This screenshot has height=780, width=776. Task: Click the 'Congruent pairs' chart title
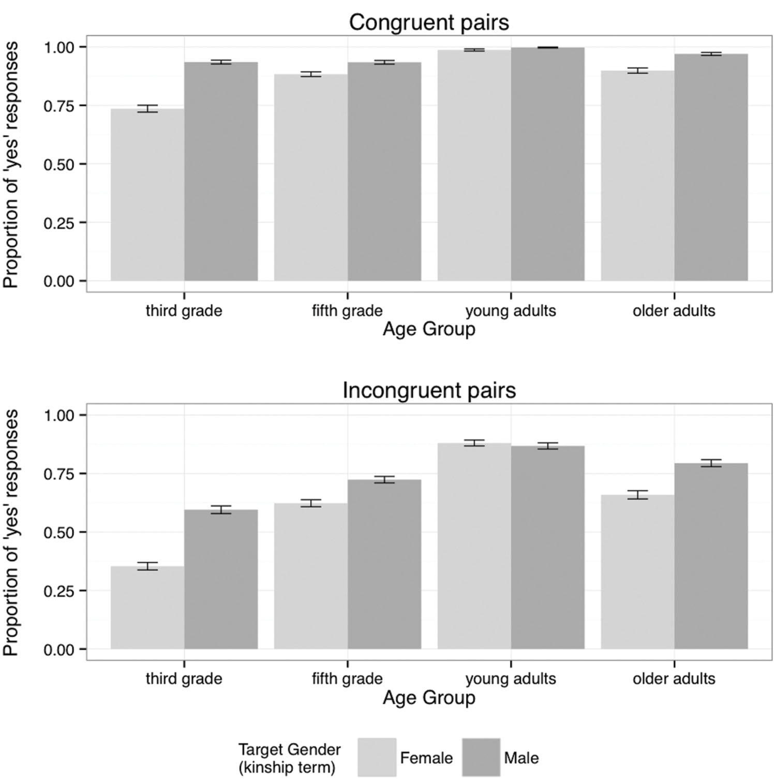coord(429,23)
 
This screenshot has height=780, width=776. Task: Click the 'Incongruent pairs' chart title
coord(429,391)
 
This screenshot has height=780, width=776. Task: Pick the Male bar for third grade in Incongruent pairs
coord(221,579)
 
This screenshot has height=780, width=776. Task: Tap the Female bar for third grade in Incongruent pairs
coord(147,608)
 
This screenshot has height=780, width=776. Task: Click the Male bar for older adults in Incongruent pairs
coord(711,556)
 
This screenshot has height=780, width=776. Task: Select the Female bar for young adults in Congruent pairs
coord(474,166)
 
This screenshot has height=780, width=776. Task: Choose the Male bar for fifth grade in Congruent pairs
coord(384,171)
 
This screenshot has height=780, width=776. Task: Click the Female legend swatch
coord(377,758)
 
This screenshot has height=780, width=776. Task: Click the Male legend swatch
coord(481,758)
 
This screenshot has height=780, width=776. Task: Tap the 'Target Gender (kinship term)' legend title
coord(289,758)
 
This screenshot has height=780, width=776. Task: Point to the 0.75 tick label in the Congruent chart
coord(58,106)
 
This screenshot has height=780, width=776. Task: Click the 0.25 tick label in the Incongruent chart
coord(58,591)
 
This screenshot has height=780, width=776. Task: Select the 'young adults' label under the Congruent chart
coord(511,311)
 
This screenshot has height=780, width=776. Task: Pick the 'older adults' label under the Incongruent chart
coord(674,679)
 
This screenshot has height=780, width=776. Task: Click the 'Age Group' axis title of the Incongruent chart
coord(429,698)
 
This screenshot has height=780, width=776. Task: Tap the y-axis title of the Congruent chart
coord(11,164)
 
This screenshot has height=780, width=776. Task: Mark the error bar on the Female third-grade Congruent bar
coord(147,109)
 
